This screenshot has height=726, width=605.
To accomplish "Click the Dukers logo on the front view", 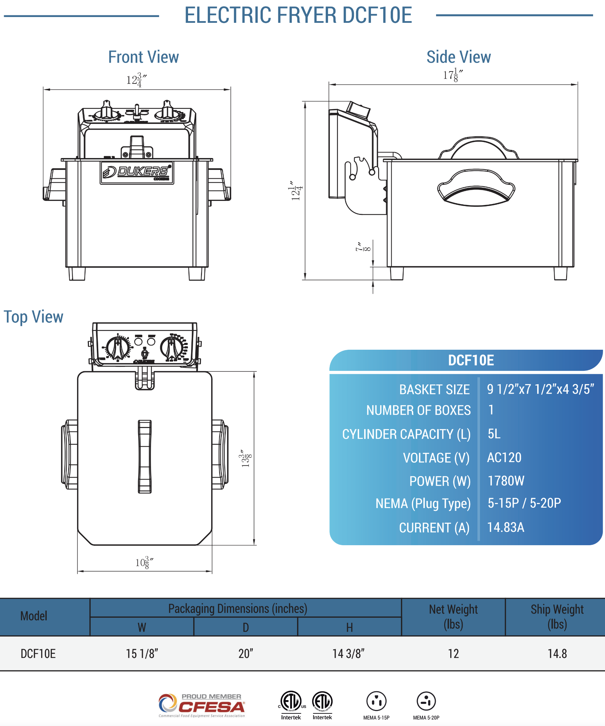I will (137, 172).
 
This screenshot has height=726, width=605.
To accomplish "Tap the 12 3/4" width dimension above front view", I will (136, 80).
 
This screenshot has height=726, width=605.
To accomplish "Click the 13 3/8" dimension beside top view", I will (246, 458).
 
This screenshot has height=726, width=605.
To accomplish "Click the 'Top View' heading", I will (33, 317).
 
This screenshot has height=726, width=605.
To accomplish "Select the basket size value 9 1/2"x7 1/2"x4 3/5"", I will (540, 389).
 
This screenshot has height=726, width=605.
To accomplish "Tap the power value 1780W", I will (506, 481).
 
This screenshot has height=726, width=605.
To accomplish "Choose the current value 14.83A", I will (506, 527).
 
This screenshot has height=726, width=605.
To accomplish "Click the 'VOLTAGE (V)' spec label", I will (436, 458).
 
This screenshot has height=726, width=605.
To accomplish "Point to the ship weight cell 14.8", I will (557, 654).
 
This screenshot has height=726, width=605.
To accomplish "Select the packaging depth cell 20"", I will (246, 654).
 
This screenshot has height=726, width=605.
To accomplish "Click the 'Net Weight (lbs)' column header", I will (453, 617).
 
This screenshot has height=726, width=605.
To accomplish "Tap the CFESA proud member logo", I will (202, 705).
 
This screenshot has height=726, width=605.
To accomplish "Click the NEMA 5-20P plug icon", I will (426, 701).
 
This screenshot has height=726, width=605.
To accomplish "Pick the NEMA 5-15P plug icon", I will (376, 701).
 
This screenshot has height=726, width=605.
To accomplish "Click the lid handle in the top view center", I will (144, 456).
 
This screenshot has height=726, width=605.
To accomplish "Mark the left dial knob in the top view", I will (118, 347).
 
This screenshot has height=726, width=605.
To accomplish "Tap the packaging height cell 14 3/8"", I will (349, 654).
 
